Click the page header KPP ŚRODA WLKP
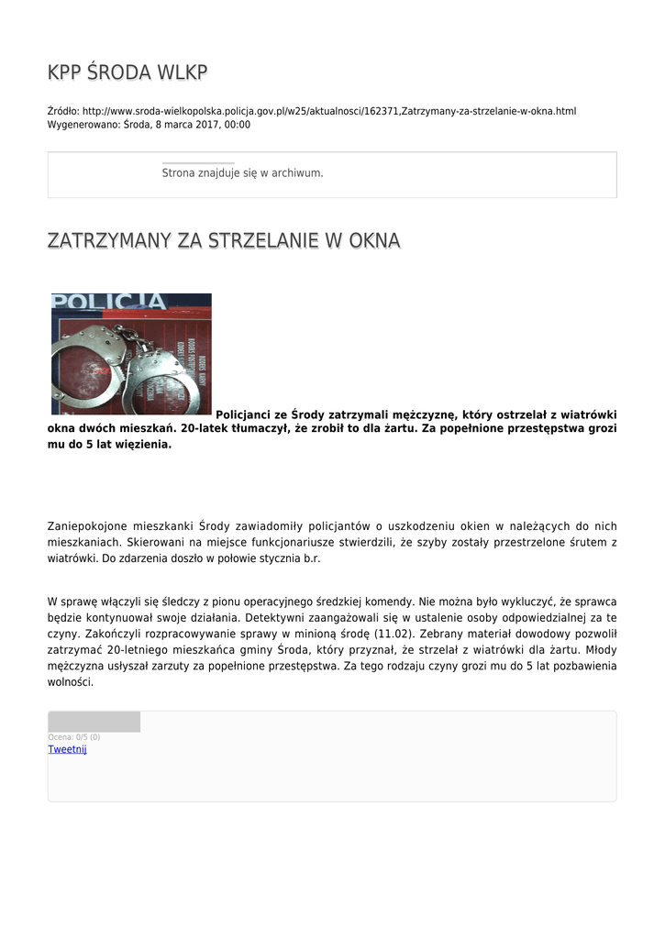click(x=127, y=72)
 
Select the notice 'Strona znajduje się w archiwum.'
click(x=242, y=172)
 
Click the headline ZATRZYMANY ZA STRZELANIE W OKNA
click(x=224, y=241)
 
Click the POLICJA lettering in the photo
click(x=108, y=302)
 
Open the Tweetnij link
click(x=67, y=749)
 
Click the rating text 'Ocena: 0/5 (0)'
click(x=74, y=737)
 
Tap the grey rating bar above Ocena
click(x=94, y=722)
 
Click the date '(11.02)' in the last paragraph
click(x=393, y=635)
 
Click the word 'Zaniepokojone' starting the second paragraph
click(x=89, y=526)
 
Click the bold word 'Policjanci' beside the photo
click(x=243, y=414)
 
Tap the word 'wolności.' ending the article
click(x=71, y=682)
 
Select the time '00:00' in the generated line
click(x=238, y=125)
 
